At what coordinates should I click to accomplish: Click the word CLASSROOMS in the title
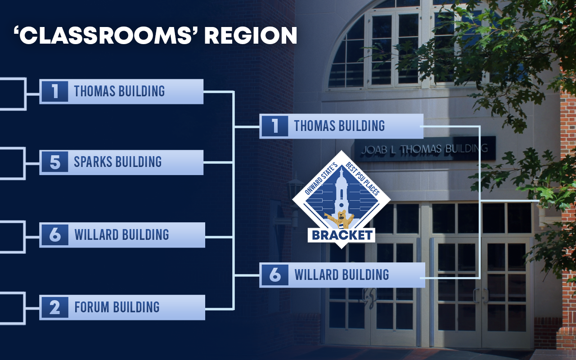click(106, 35)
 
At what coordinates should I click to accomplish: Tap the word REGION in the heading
click(251, 35)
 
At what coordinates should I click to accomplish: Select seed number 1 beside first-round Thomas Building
click(55, 91)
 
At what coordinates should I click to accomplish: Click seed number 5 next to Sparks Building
click(55, 162)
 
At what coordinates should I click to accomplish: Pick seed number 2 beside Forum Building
click(55, 307)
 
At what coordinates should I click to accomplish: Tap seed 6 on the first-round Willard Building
click(55, 235)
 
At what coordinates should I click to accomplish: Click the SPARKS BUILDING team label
click(118, 162)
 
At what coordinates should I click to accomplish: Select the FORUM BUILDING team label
click(117, 307)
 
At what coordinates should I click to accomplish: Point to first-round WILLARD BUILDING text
click(121, 234)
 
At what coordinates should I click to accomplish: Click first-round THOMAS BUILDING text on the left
click(119, 91)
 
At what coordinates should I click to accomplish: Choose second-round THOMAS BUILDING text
click(339, 126)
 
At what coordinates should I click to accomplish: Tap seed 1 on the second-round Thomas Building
click(275, 126)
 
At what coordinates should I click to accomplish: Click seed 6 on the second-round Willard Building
click(275, 275)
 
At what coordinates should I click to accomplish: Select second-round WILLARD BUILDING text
click(342, 274)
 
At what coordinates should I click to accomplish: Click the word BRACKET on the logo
click(342, 235)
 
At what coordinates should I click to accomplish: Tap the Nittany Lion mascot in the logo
click(339, 219)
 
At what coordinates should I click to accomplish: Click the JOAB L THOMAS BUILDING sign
click(425, 148)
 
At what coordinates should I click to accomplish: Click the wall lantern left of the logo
click(295, 195)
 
